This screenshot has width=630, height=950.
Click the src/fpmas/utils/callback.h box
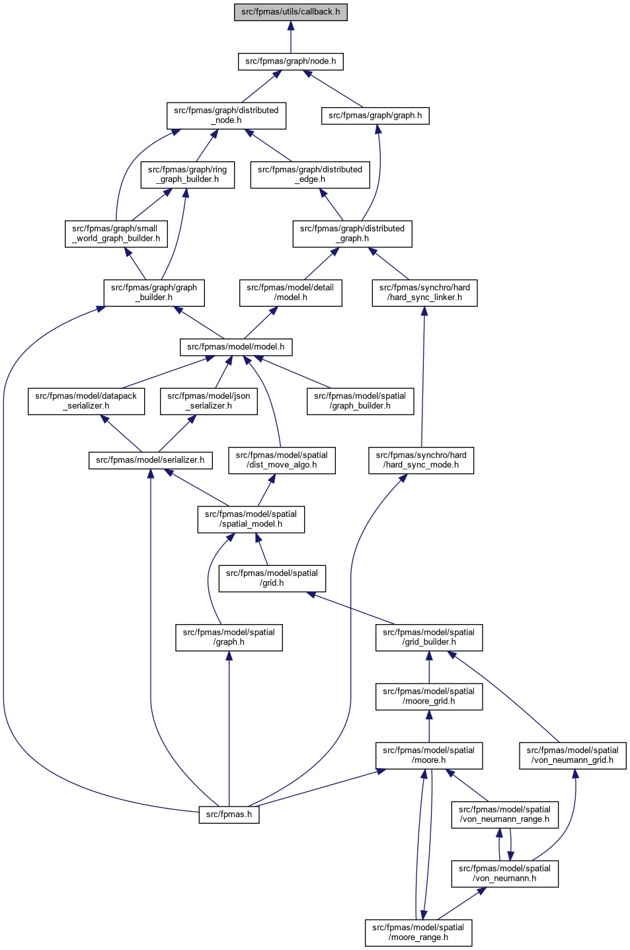tap(290, 12)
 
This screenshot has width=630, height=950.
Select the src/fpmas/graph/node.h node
tap(290, 61)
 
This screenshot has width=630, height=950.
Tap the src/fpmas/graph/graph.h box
tap(375, 115)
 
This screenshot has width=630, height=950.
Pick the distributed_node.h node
tap(226, 115)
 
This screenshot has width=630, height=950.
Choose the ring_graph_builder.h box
tap(187, 175)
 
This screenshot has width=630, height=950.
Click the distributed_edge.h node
tap(310, 175)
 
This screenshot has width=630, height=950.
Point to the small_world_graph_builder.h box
tap(116, 233)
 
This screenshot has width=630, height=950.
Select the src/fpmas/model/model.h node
tap(236, 347)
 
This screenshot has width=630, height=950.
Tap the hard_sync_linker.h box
tap(424, 293)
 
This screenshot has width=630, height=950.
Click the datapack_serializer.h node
tap(86, 401)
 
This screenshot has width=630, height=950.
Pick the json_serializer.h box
tap(209, 401)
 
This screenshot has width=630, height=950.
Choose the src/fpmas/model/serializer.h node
tap(150, 460)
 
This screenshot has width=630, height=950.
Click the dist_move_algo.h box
tap(282, 460)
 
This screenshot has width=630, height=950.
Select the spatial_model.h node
tap(251, 519)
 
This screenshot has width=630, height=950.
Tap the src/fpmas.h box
tap(229, 814)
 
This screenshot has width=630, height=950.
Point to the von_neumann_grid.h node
tap(572, 756)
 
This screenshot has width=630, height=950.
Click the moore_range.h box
tap(418, 933)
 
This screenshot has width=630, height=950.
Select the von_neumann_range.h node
tap(504, 814)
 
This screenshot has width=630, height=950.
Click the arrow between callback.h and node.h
tap(290, 37)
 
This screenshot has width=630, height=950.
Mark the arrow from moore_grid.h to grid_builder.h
tap(428, 667)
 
